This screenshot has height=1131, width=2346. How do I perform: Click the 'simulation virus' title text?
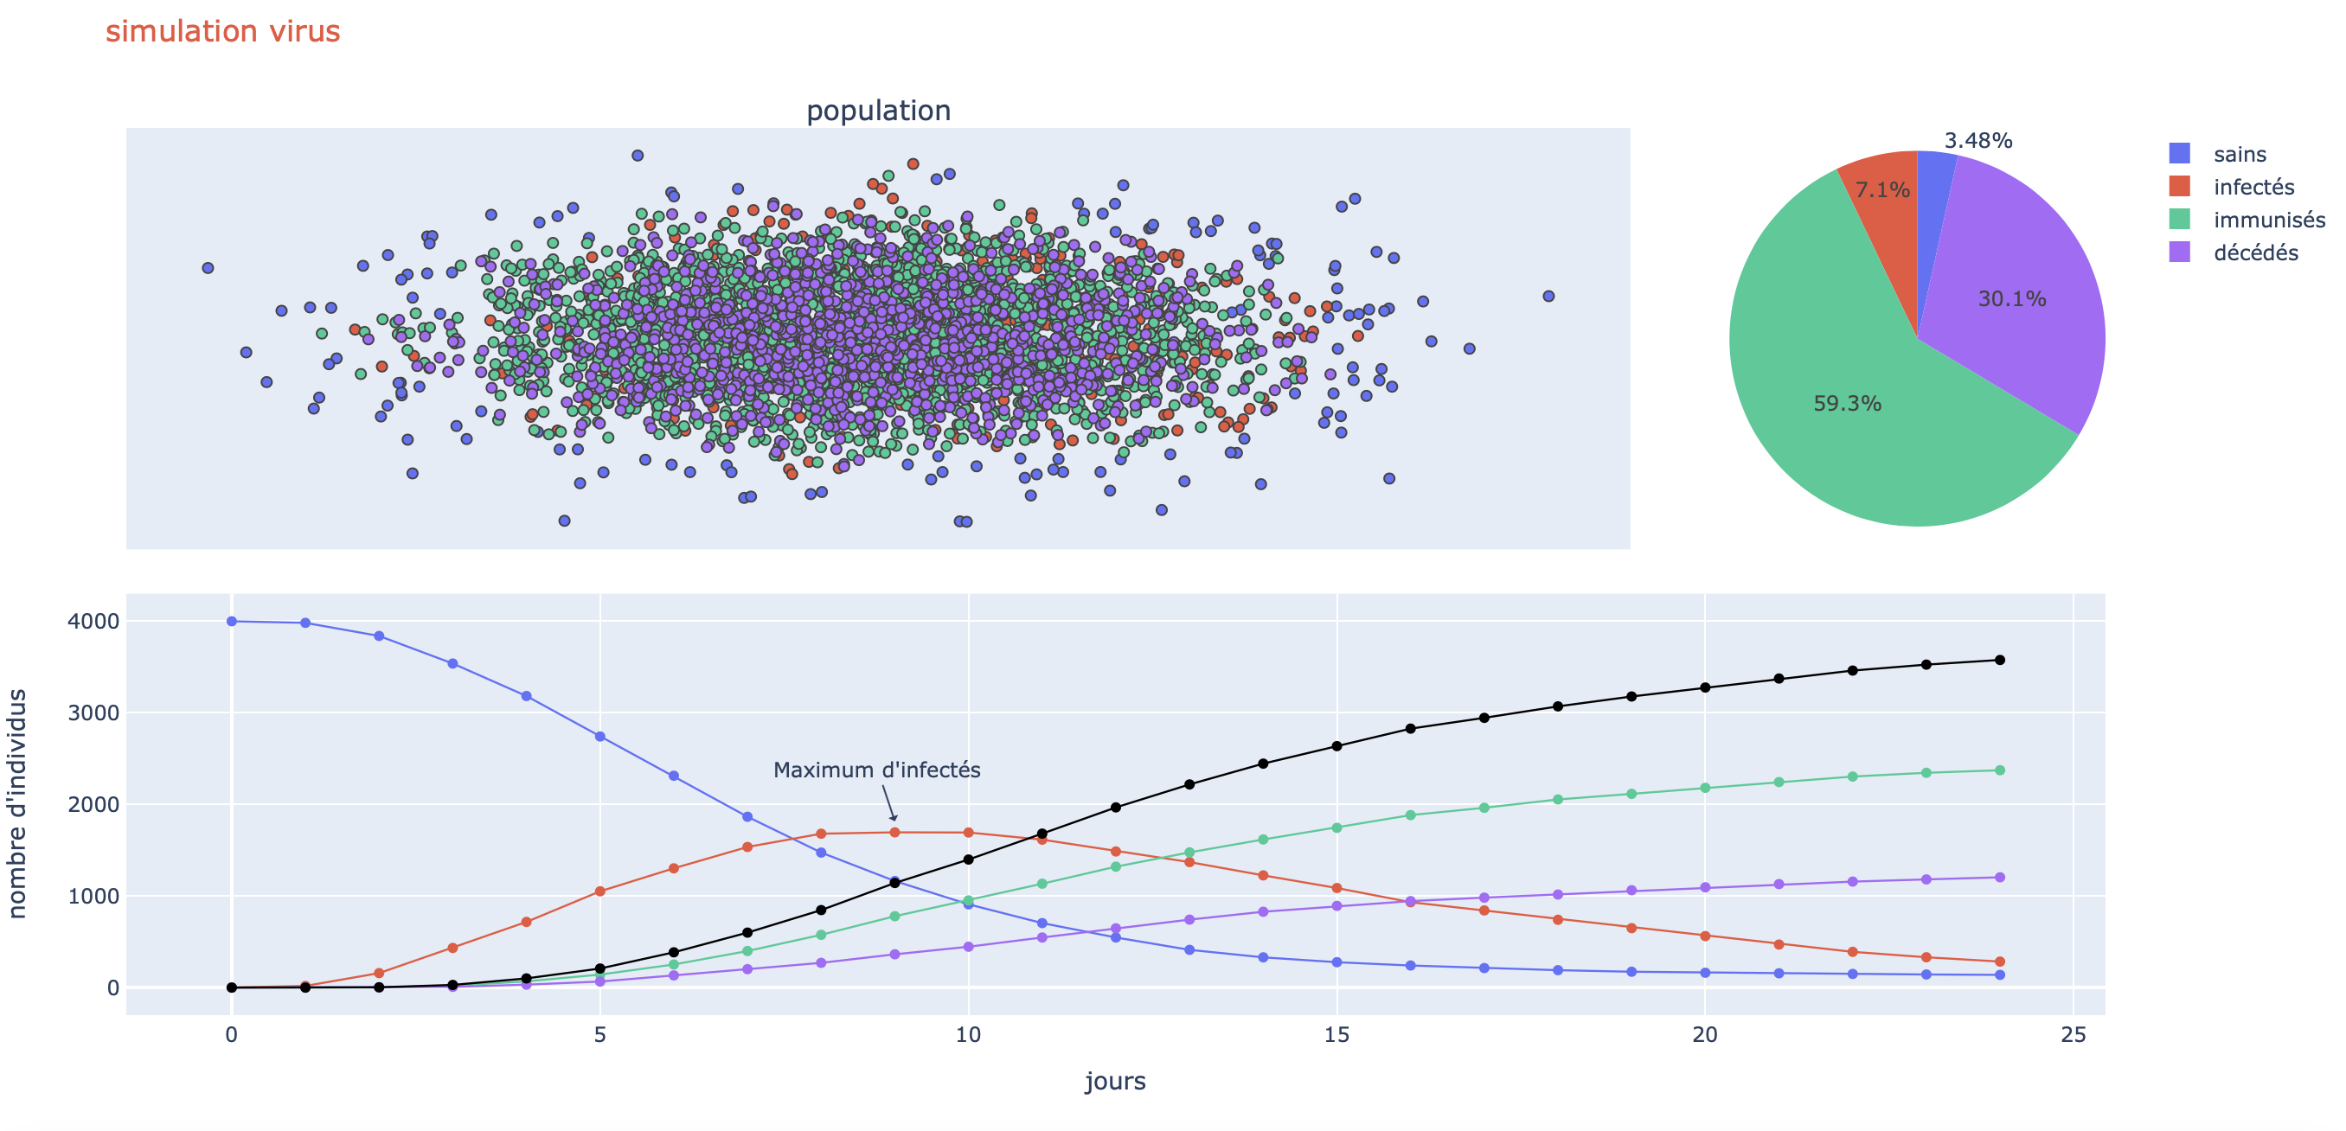[222, 32]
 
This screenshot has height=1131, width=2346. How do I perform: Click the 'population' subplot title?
[878, 110]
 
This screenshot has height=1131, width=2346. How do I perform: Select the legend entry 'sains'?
[2239, 154]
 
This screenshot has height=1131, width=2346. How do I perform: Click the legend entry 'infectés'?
[2253, 187]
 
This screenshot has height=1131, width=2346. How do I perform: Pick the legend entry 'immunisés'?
[2267, 220]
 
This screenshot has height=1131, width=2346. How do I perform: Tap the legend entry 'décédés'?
[2255, 252]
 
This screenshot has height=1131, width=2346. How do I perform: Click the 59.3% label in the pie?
[1847, 404]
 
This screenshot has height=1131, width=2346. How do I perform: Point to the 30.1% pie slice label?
[2012, 298]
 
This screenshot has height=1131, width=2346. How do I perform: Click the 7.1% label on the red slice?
[1881, 189]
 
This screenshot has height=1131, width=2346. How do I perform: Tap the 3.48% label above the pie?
[1978, 140]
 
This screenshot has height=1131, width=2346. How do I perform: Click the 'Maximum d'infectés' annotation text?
[876, 770]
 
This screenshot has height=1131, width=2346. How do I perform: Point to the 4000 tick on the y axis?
[93, 621]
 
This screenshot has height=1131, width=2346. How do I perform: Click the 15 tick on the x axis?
[1336, 1034]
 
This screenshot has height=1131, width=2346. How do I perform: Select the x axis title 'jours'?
[1115, 1081]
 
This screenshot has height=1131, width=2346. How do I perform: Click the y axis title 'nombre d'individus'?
[17, 803]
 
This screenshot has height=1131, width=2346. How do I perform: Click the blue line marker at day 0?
[231, 621]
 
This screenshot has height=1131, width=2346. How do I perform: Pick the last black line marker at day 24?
[2000, 661]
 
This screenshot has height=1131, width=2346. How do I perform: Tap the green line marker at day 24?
[2000, 770]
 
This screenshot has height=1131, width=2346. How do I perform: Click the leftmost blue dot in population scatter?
[208, 268]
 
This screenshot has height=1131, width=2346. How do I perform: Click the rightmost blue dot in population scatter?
[1548, 296]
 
